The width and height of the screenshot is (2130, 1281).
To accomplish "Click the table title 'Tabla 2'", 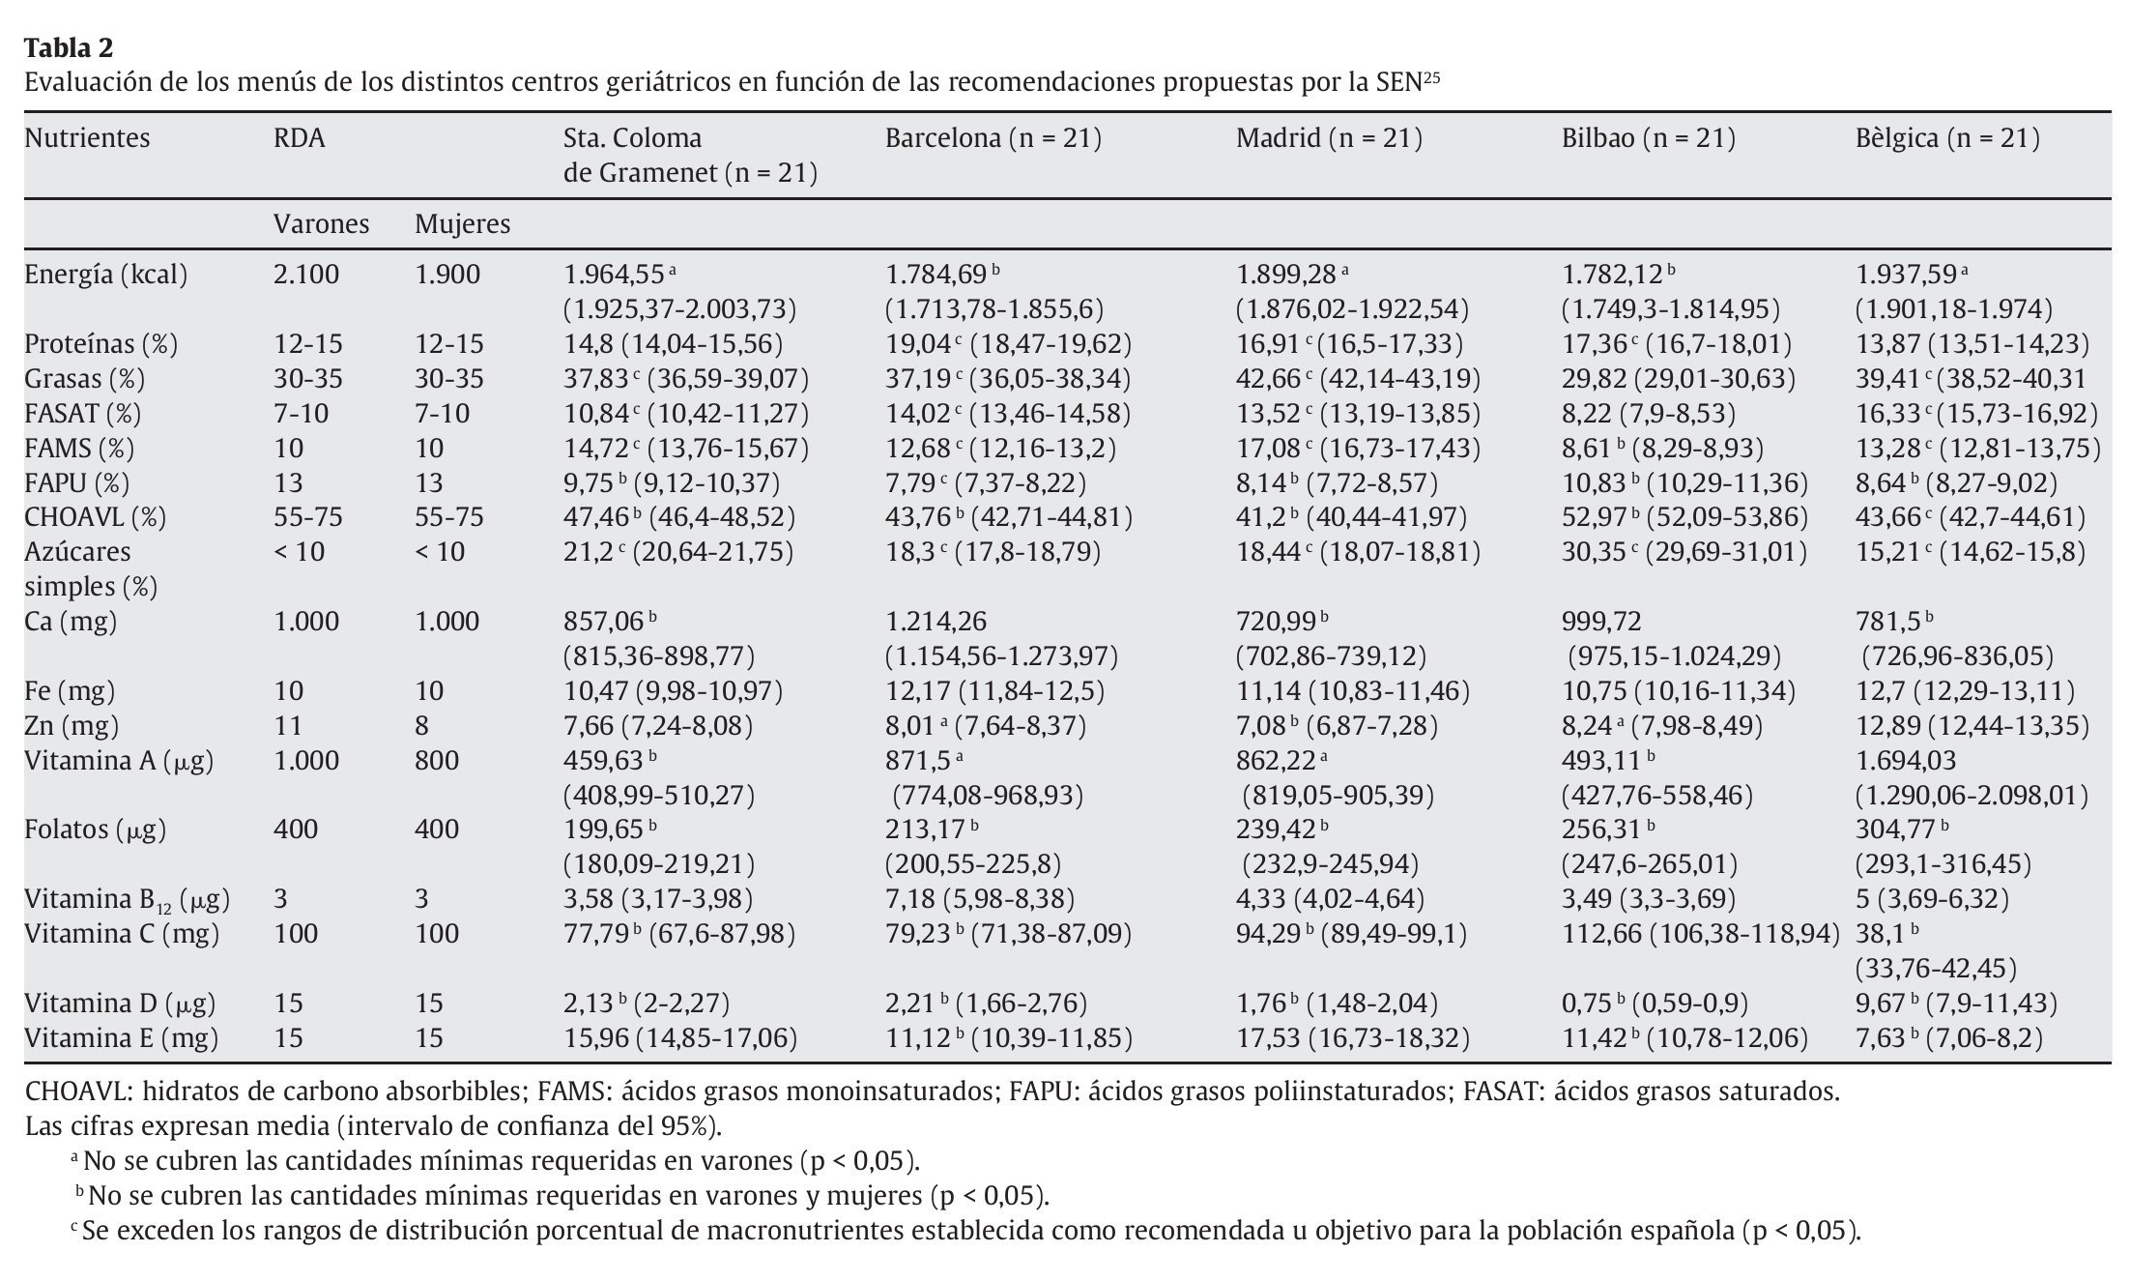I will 69,47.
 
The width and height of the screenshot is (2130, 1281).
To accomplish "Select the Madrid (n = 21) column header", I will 1329,138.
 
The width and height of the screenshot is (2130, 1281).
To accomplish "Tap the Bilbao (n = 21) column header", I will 1648,138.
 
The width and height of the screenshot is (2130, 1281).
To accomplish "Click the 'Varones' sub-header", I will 321,224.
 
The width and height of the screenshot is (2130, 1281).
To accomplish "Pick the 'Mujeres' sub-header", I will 462,224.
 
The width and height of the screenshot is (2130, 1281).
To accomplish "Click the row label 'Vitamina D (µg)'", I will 120,1004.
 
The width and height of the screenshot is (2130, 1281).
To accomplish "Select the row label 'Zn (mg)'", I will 70,725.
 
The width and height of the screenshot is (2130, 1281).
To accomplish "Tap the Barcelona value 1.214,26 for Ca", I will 935,621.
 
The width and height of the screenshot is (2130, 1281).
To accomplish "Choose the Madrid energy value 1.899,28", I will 1285,275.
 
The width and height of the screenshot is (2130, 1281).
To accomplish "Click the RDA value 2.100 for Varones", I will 306,275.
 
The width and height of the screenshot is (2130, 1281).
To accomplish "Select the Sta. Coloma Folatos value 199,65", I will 603,830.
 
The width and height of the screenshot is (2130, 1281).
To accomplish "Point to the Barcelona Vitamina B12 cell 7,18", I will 909,899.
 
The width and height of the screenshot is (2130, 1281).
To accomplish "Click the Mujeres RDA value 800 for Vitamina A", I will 436,760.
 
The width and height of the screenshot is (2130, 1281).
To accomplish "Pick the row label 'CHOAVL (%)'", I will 95,517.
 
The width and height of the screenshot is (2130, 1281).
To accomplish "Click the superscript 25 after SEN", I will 1431,76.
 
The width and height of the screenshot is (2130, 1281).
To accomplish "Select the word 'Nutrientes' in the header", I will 87,138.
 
